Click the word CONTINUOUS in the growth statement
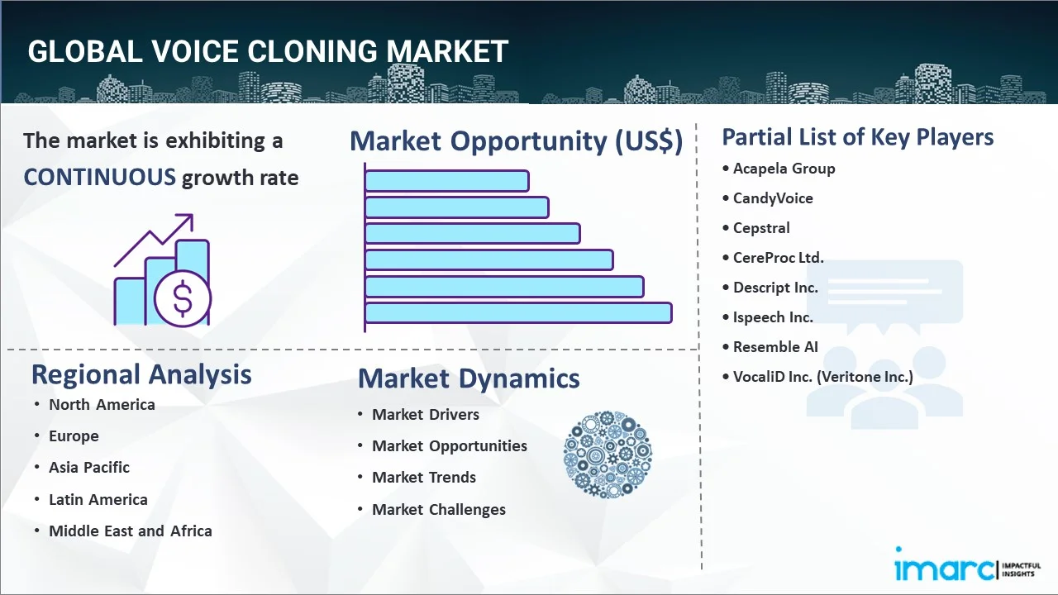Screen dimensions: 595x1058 point(99,177)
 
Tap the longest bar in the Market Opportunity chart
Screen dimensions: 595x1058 point(518,312)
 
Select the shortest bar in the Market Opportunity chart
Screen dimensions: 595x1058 point(446,180)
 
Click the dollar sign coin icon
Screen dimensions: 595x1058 point(183,299)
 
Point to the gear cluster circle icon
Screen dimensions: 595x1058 point(608,455)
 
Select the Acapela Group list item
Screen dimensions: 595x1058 point(784,169)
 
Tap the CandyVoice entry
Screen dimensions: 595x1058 point(773,198)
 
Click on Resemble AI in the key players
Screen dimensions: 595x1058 point(775,347)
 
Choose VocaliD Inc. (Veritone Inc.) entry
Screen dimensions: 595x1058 point(822,377)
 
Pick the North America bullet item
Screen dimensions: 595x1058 point(102,404)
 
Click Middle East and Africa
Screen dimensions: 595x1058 point(130,531)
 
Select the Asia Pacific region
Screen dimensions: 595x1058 point(89,467)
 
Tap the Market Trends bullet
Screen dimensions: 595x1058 point(424,477)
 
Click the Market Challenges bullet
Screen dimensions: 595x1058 point(438,509)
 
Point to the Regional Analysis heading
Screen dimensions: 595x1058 point(141,374)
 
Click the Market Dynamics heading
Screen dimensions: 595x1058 point(469,378)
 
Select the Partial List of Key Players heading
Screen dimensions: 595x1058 point(858,136)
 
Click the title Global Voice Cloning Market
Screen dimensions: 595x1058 point(268,51)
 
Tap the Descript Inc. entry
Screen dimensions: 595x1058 point(775,288)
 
